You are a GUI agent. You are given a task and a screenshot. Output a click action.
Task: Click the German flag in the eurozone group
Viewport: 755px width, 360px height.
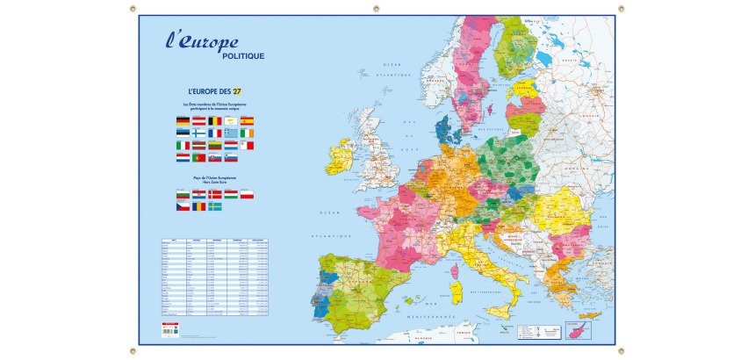[183, 121]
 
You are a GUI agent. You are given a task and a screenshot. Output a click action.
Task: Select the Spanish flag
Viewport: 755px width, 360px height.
[247, 121]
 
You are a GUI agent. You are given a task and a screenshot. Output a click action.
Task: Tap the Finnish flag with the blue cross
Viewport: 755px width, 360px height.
[199, 133]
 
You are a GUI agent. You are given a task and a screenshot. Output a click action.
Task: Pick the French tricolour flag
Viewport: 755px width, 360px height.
[215, 133]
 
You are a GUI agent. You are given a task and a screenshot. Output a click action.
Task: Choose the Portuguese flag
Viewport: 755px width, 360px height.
[199, 158]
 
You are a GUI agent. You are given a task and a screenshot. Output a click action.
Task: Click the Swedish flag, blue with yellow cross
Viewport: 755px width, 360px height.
[215, 206]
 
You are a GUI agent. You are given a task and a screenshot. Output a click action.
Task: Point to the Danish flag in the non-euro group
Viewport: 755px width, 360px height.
[215, 194]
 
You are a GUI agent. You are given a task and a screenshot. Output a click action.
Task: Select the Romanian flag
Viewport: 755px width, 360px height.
[199, 206]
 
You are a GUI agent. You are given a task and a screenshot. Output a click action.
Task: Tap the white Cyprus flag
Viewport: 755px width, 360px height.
[231, 121]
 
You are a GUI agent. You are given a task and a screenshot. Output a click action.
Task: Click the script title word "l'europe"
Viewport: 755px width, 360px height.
[201, 41]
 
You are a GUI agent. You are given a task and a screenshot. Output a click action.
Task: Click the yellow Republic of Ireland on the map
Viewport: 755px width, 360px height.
[340, 159]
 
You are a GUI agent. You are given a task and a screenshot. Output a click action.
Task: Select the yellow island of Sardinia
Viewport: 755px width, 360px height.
[456, 292]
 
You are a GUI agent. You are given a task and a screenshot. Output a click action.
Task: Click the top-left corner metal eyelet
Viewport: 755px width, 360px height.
[133, 9]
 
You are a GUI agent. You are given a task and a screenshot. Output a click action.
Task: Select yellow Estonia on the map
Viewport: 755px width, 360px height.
[524, 89]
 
